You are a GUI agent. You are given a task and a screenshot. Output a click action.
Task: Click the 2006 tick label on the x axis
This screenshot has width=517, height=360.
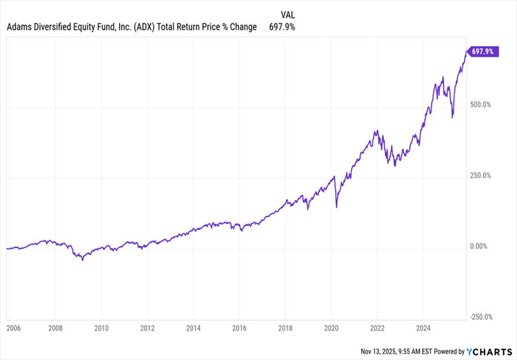click(x=12, y=328)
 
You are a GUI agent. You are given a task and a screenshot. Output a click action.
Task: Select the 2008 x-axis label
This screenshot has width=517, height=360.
click(x=56, y=328)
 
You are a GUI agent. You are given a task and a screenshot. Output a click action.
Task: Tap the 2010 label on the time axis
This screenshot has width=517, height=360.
click(x=101, y=328)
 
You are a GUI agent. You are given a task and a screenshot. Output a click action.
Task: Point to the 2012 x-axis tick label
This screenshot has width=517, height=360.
click(x=147, y=328)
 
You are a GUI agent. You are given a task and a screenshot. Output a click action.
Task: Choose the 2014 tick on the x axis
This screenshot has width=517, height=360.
click(x=194, y=328)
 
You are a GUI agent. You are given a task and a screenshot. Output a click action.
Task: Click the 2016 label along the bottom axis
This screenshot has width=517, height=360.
click(x=240, y=328)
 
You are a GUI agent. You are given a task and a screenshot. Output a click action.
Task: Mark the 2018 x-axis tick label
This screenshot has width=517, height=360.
click(x=286, y=328)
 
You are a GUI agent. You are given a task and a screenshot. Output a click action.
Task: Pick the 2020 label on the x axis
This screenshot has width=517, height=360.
click(x=332, y=328)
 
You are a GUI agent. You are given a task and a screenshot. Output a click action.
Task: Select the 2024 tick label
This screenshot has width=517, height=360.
click(x=423, y=328)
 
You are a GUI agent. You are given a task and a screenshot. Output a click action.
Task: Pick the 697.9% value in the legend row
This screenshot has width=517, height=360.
click(x=282, y=27)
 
